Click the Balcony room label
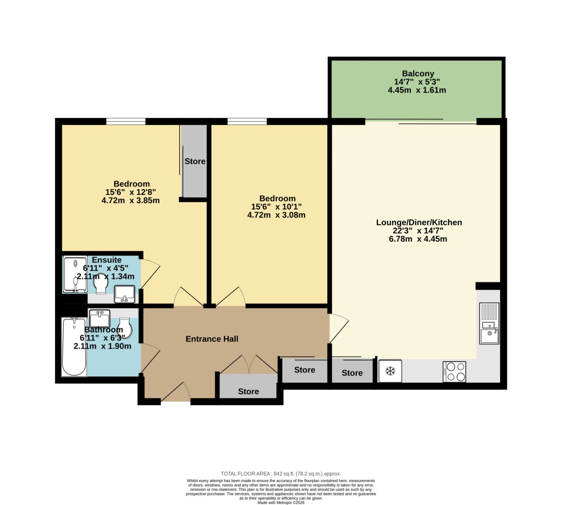[418, 74]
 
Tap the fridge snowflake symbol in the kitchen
[390, 371]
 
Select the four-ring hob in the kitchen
[454, 372]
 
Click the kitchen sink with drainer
[489, 323]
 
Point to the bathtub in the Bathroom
[74, 347]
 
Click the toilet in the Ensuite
[100, 283]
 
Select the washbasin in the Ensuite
[124, 294]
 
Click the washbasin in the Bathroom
[100, 318]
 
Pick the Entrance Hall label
[212, 339]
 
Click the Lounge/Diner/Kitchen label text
[419, 222]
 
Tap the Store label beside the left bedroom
[195, 161]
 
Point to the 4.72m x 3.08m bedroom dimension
[276, 215]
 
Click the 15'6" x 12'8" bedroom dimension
[131, 192]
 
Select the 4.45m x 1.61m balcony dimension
[417, 90]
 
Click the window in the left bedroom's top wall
[126, 121]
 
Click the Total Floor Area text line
[281, 474]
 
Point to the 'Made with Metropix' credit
[281, 503]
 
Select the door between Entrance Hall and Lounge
[339, 328]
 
